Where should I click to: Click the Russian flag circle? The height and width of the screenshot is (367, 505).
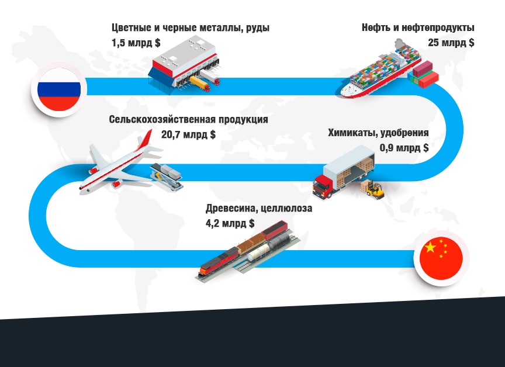point(59,89)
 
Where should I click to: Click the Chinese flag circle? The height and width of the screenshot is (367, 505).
point(441,258)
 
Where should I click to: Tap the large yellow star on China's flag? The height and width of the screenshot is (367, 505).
point(430,247)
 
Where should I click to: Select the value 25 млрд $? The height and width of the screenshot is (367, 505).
point(451,43)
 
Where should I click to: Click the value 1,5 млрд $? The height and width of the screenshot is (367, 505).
point(136,43)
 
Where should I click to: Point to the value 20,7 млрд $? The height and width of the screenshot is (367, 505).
point(188,134)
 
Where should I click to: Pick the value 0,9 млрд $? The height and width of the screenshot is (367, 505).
point(404,148)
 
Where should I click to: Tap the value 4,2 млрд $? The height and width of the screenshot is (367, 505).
point(230,223)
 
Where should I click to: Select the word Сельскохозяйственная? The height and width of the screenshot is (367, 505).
point(162,119)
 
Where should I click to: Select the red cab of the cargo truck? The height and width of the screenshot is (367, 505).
point(322,187)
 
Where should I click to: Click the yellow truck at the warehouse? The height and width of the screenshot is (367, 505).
point(200,84)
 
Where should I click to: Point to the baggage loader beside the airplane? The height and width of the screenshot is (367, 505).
point(167,176)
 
